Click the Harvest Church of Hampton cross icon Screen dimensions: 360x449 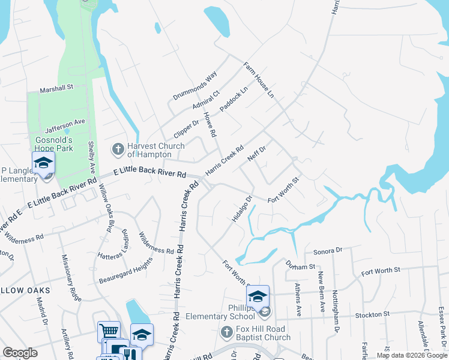coord(118,148)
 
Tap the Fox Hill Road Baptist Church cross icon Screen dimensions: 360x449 coord(226,332)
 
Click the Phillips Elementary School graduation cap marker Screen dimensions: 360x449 coord(258,296)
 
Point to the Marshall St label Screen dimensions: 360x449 coord(56,88)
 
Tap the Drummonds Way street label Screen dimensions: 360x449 coord(194,86)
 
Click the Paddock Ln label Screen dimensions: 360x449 coord(234,99)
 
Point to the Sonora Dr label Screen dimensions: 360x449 coord(327,250)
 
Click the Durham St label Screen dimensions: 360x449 coord(301,266)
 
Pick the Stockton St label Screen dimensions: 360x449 coord(373,314)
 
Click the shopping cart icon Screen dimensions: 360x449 coord(109,331)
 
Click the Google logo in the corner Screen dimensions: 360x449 coord(20,353)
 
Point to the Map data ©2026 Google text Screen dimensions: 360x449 coord(412,355)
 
